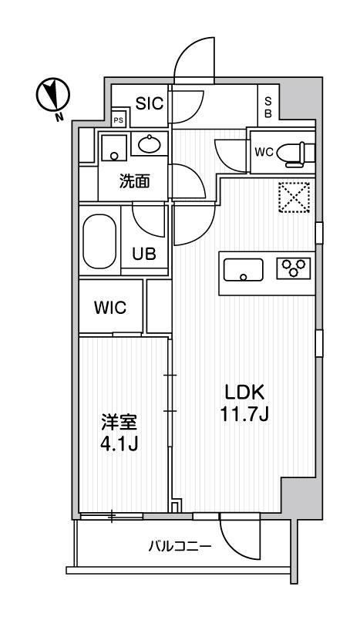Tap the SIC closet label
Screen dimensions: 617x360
coord(150,102)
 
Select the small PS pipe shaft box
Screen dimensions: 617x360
coord(119,120)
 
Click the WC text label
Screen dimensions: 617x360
coord(264,152)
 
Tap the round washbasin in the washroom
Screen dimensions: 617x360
coord(149,143)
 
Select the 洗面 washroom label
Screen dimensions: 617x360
coord(133,182)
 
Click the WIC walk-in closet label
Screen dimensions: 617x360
coord(111,307)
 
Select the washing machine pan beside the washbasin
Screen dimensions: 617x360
coord(114,146)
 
